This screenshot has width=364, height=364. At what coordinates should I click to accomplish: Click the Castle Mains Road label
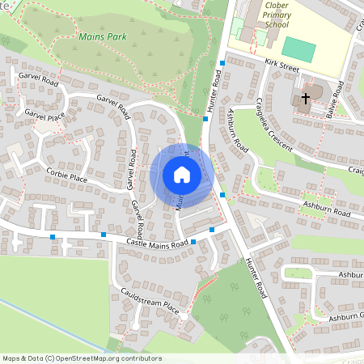(x=158, y=243)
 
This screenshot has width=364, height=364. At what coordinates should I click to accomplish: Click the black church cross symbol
(x=306, y=99)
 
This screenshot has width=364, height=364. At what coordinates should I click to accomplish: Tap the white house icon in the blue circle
(x=182, y=175)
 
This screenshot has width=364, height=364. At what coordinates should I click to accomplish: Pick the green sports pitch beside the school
(x=298, y=49)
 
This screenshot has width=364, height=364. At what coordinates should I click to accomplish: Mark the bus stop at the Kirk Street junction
(x=222, y=62)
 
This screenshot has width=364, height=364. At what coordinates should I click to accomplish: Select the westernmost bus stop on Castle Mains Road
(x=53, y=236)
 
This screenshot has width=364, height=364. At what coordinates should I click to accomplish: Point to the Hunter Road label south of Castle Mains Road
(x=256, y=277)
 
